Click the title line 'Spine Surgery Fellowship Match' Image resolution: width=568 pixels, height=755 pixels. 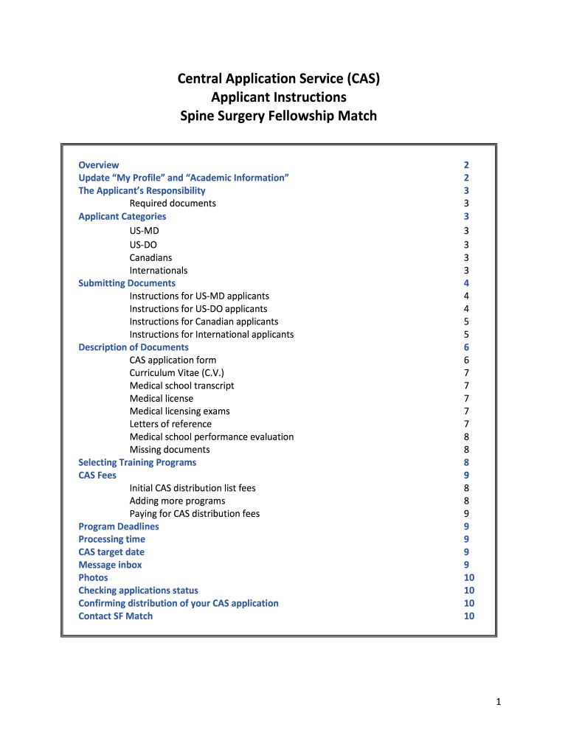point(279,116)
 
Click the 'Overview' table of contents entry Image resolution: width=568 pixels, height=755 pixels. point(99,165)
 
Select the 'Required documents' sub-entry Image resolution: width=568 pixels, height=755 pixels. point(173,203)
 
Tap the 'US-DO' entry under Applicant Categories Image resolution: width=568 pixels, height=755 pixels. point(143,245)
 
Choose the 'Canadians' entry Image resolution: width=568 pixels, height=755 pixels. point(150,257)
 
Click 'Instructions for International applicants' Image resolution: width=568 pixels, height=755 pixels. point(212,334)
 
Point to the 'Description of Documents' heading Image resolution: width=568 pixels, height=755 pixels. point(134,347)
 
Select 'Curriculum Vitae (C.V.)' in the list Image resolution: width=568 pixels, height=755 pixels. point(177,373)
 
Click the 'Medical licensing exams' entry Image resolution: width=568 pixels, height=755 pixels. point(179,411)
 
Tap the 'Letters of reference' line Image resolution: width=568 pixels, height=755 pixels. point(170,424)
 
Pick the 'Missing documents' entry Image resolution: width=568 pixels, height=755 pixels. point(170,450)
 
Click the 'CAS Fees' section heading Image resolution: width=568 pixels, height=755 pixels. point(97,476)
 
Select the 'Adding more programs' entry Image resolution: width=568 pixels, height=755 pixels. point(178,501)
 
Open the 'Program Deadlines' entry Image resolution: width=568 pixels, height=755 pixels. point(119,526)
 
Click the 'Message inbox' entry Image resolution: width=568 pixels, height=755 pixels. point(110,565)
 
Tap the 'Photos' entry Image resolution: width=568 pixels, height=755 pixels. point(93,577)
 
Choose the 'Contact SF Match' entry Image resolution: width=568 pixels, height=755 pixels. point(116,616)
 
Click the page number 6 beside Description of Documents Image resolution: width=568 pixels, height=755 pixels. point(466,347)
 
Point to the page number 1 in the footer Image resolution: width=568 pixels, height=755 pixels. point(499,703)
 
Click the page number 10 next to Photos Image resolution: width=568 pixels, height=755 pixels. point(469,577)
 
